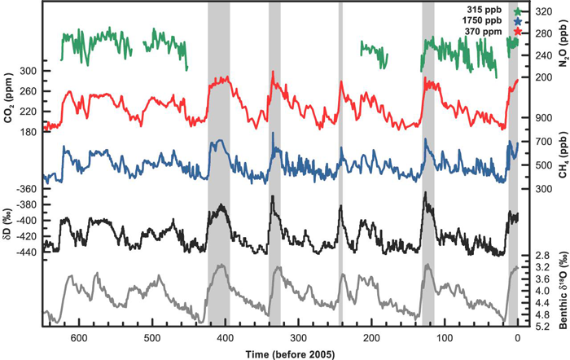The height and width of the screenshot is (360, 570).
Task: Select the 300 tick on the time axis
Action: [x=299, y=336]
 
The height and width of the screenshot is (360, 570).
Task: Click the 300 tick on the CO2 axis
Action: [x=29, y=71]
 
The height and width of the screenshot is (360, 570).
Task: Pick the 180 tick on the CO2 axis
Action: [x=29, y=131]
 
